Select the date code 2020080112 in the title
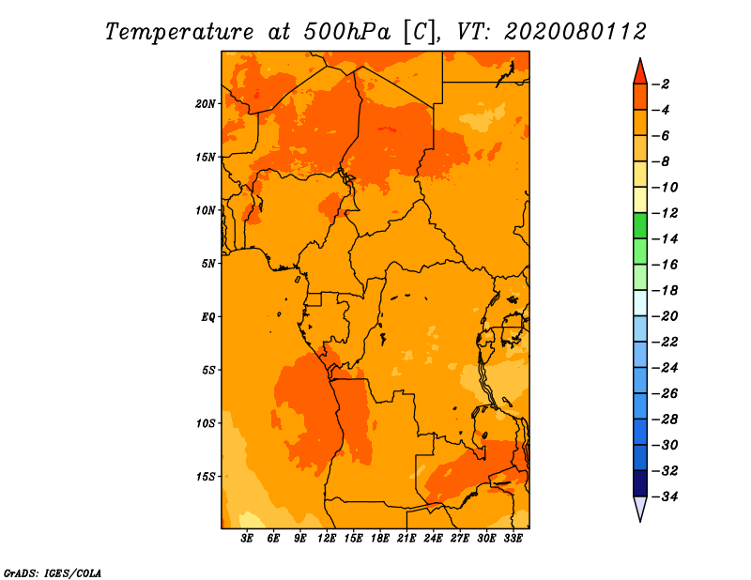(575, 31)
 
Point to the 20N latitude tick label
(206, 103)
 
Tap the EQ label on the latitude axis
(208, 317)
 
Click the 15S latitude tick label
(206, 477)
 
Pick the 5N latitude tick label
(208, 264)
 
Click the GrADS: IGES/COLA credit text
(52, 572)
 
